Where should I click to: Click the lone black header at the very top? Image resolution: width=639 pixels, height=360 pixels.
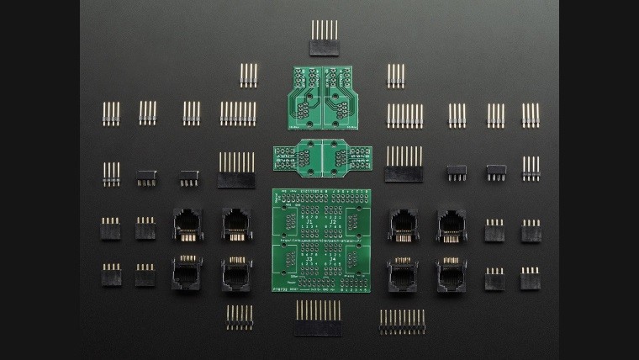click(325, 39)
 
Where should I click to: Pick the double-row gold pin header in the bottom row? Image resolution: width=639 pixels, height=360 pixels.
click(402, 320)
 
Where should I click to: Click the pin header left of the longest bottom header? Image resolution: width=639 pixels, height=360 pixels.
click(240, 317)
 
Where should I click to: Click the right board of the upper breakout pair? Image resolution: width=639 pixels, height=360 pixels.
click(341, 97)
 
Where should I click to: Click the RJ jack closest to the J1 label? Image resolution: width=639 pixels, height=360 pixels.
click(236, 225)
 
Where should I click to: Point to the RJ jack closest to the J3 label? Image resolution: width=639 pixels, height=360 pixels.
click(236, 274)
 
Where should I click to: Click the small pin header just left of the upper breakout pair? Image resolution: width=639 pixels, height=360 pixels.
click(248, 76)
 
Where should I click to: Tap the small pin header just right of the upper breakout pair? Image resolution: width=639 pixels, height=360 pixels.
click(396, 76)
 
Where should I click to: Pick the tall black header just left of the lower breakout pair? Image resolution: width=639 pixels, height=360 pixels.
click(236, 170)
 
